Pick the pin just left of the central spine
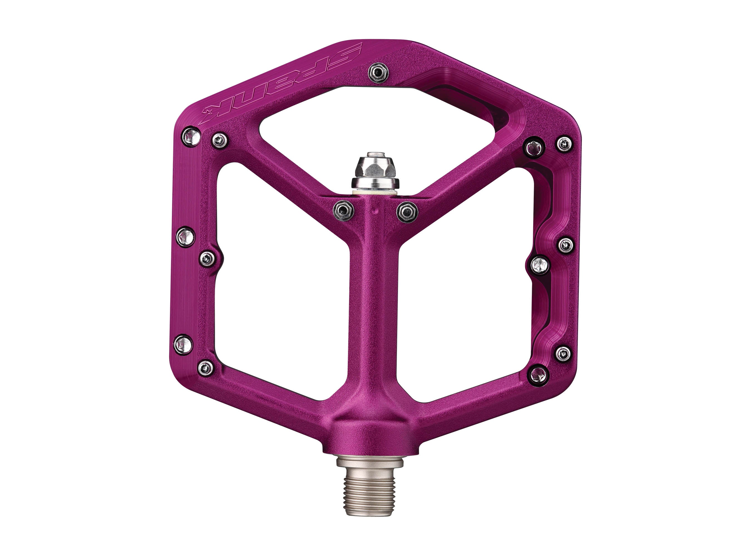pos(343,211)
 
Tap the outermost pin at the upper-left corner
pos(191,137)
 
